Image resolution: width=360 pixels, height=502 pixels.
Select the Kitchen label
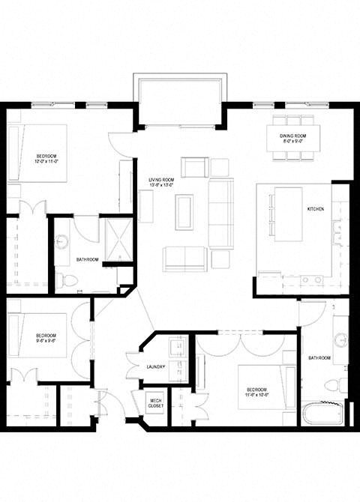click(315, 209)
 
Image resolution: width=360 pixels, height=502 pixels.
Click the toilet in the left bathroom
click(66, 281)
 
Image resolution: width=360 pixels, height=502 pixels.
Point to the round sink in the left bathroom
click(62, 241)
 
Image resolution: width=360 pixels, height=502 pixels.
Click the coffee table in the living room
click(184, 212)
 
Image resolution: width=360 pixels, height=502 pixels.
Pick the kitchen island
click(288, 214)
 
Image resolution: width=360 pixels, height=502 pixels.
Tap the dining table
click(294, 138)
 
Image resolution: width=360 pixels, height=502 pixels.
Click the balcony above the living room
click(180, 100)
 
